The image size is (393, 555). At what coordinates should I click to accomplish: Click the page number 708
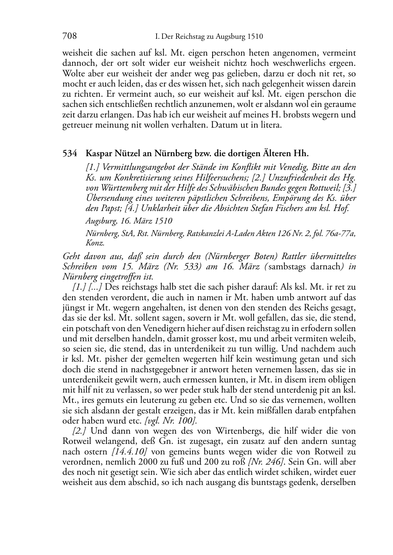[69, 36]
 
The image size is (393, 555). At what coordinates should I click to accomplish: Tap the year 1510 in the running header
[255, 37]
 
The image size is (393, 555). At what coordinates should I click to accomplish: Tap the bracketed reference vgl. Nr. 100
[171, 421]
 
